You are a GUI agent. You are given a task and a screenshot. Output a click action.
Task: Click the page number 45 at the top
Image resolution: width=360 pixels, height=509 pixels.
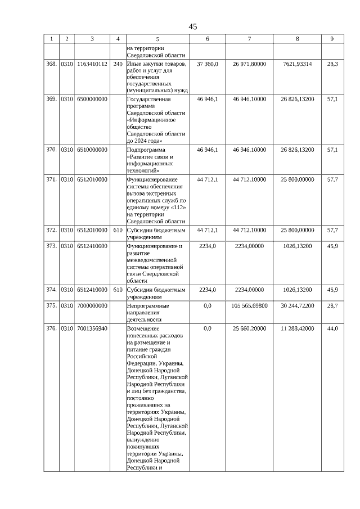(x=193, y=26)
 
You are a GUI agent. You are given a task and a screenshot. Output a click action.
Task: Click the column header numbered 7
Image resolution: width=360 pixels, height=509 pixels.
(x=249, y=39)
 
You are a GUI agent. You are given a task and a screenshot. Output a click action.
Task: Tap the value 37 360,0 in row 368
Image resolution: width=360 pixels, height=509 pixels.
(x=208, y=64)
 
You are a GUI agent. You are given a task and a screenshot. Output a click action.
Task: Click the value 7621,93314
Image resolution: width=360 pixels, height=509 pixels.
(x=298, y=64)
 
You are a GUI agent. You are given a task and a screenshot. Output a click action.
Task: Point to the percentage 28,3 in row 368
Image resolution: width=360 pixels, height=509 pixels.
(x=332, y=64)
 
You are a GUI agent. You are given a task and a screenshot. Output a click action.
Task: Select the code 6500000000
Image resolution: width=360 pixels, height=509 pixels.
(x=92, y=99)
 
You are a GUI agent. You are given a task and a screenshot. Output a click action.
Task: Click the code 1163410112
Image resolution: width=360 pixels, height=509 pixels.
(x=92, y=64)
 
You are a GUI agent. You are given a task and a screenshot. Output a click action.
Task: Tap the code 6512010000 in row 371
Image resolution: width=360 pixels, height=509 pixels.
(x=92, y=179)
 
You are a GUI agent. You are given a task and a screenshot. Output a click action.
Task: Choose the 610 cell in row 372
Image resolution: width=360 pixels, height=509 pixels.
(x=118, y=230)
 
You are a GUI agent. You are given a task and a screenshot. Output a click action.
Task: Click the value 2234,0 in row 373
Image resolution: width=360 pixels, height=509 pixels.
(x=208, y=246)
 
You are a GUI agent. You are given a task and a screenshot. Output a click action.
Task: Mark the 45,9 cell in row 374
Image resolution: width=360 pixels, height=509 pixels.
(x=332, y=290)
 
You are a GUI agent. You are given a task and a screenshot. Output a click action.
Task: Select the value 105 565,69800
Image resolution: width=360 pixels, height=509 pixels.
(x=249, y=305)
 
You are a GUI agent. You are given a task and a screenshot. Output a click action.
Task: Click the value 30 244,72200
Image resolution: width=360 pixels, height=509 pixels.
(x=298, y=305)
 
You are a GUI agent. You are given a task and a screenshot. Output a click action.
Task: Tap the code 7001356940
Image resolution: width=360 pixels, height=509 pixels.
(x=92, y=328)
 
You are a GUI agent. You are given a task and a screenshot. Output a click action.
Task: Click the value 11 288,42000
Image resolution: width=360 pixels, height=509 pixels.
(x=298, y=328)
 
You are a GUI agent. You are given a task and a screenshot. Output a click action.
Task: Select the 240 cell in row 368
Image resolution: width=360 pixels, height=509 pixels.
(x=118, y=64)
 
